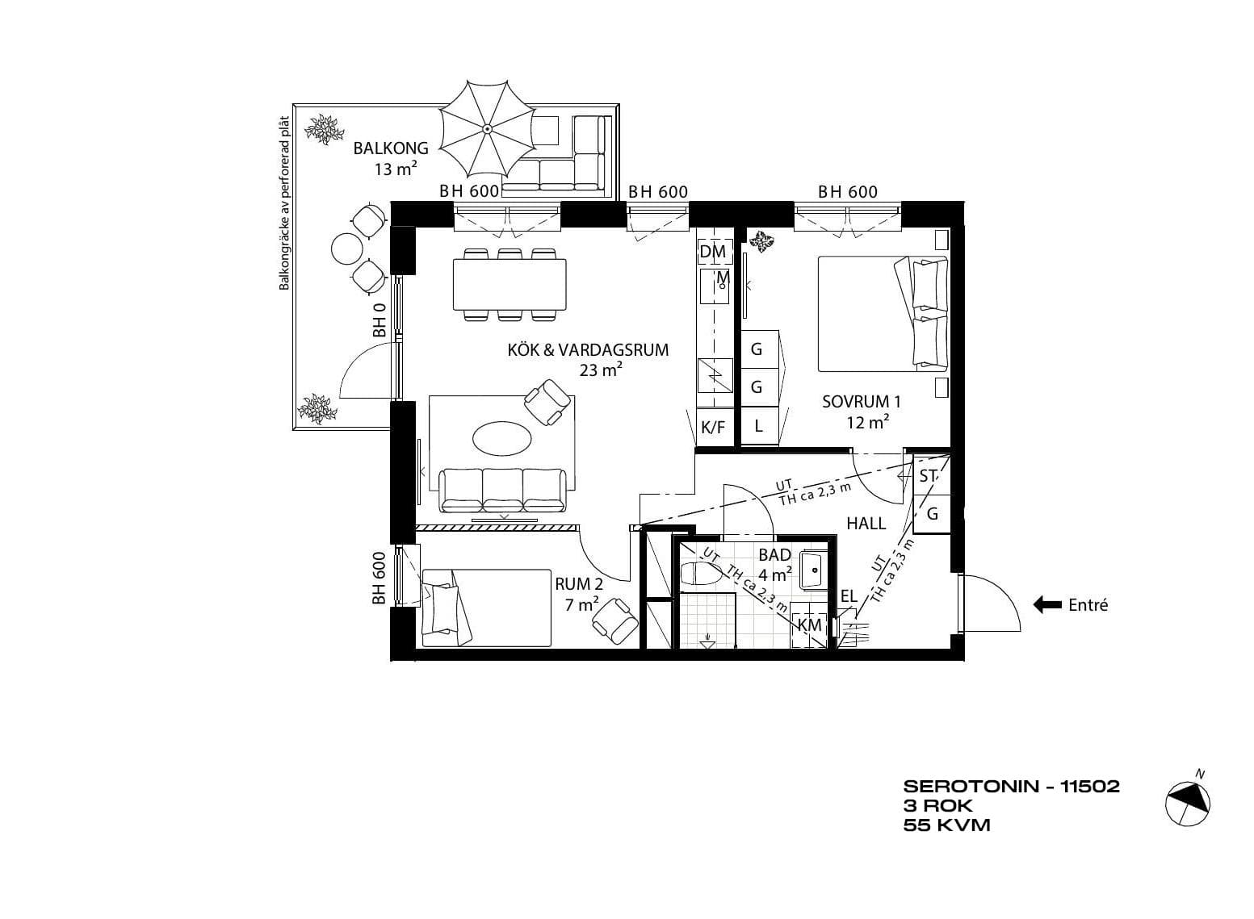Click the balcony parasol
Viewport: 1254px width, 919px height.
[x=487, y=128]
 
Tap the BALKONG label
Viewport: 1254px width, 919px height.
[x=391, y=148]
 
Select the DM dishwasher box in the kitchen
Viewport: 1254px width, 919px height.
[x=713, y=252]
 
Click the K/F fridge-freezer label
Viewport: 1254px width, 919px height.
[x=713, y=428]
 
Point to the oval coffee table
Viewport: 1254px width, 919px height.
[x=502, y=439]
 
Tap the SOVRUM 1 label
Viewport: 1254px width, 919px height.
[x=862, y=401]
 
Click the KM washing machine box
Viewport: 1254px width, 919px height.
[x=809, y=625]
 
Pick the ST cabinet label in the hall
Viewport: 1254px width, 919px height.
[x=928, y=476]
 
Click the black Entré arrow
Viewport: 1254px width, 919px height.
[x=1046, y=604]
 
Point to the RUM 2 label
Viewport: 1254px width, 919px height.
[x=579, y=584]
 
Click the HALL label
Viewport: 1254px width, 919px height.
[x=866, y=524]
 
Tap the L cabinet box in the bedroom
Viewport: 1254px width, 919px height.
[x=760, y=426]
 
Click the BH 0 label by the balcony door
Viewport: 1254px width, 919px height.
[x=380, y=320]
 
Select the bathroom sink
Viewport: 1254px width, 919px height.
[x=813, y=570]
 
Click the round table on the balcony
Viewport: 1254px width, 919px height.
[x=348, y=249]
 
